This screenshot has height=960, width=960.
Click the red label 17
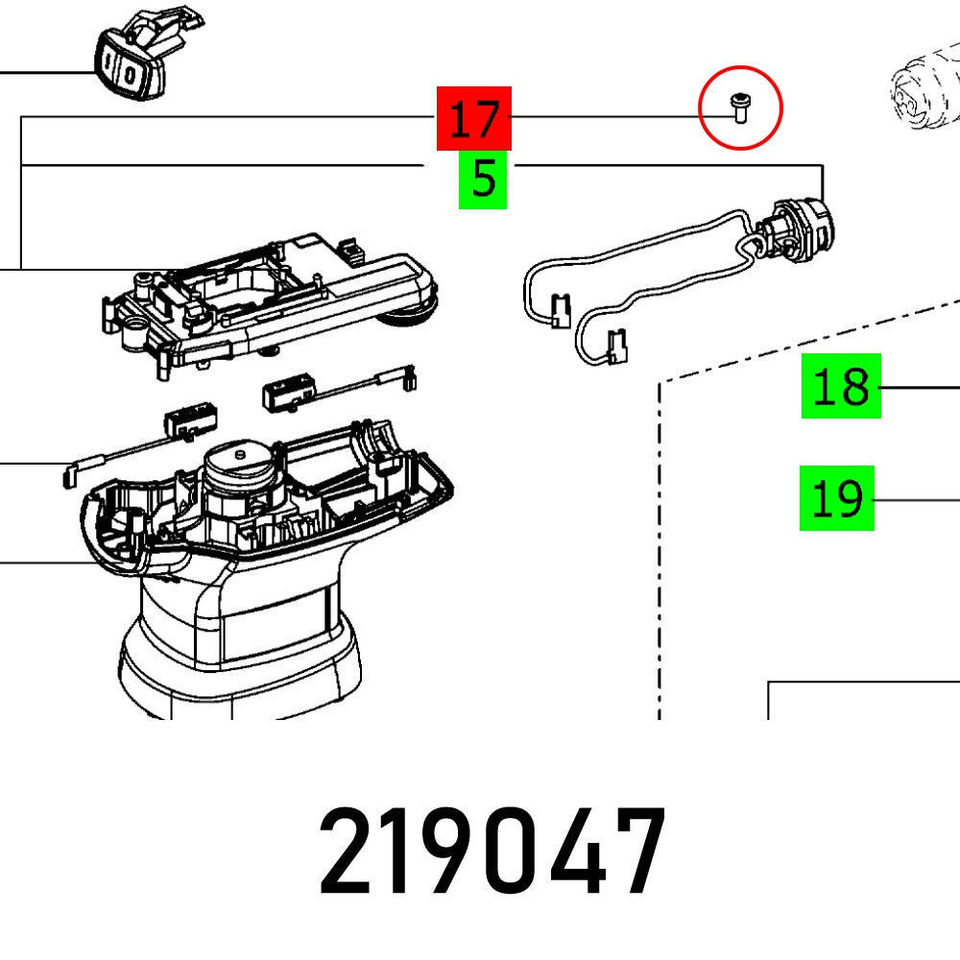click(x=474, y=119)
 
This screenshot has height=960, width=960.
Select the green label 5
click(x=483, y=180)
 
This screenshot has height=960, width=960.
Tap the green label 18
click(x=841, y=387)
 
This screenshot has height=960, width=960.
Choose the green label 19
click(x=837, y=498)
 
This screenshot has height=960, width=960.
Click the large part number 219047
click(x=492, y=852)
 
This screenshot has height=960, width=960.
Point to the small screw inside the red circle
click(x=740, y=107)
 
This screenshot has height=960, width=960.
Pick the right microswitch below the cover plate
click(x=287, y=393)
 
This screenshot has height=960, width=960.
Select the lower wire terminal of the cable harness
click(x=617, y=348)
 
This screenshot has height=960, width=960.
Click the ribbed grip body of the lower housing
click(x=240, y=643)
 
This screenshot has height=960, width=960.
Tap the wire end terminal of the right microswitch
click(x=409, y=379)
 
